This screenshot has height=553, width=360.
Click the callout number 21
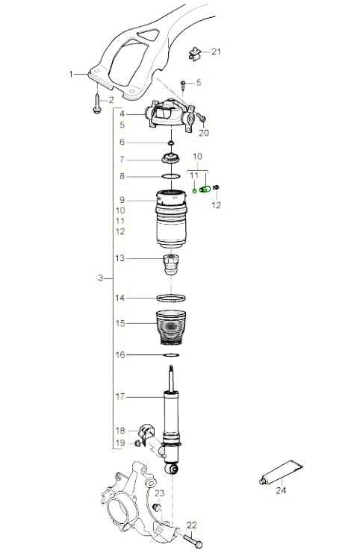coord(216,51)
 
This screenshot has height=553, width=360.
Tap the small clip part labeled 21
coord(193,54)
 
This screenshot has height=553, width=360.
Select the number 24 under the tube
coord(281,490)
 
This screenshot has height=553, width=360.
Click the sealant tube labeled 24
coord(282,472)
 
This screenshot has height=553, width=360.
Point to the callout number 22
coord(192,525)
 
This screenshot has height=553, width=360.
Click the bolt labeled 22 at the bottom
coord(193,540)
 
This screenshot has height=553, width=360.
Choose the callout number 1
coord(71,74)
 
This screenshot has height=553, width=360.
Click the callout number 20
coord(204,133)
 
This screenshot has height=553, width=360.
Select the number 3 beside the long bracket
coord(101,278)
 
